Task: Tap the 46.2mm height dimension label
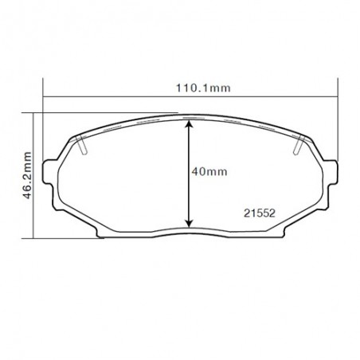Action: [x=27, y=174]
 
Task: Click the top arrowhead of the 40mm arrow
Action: [x=188, y=126]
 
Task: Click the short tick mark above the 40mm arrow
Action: [x=188, y=117]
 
